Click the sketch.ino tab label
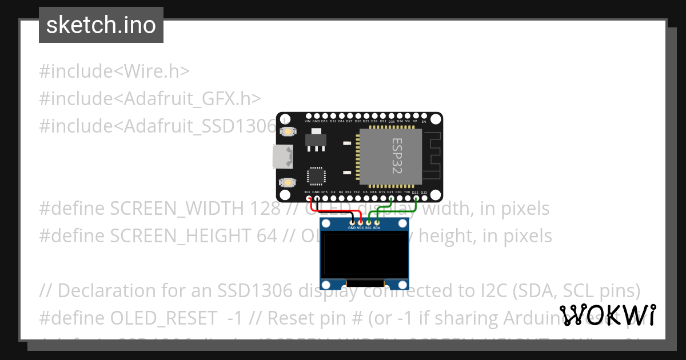pyautogui.click(x=101, y=25)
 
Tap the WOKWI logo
pyautogui.click(x=607, y=315)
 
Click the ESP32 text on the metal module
pyautogui.click(x=397, y=155)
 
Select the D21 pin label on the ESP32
pyautogui.click(x=390, y=193)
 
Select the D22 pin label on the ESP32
pyautogui.click(x=415, y=193)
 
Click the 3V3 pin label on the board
pyautogui.click(x=308, y=193)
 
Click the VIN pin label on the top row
pyautogui.click(x=308, y=122)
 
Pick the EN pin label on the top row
pyautogui.click(x=424, y=122)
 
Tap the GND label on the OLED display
pyautogui.click(x=352, y=227)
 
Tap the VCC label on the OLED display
pyautogui.click(x=361, y=227)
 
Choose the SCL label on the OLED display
pyautogui.click(x=369, y=227)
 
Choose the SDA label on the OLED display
pyautogui.click(x=377, y=227)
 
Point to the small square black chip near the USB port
pyautogui.click(x=316, y=176)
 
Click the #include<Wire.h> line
pyautogui.click(x=114, y=71)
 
